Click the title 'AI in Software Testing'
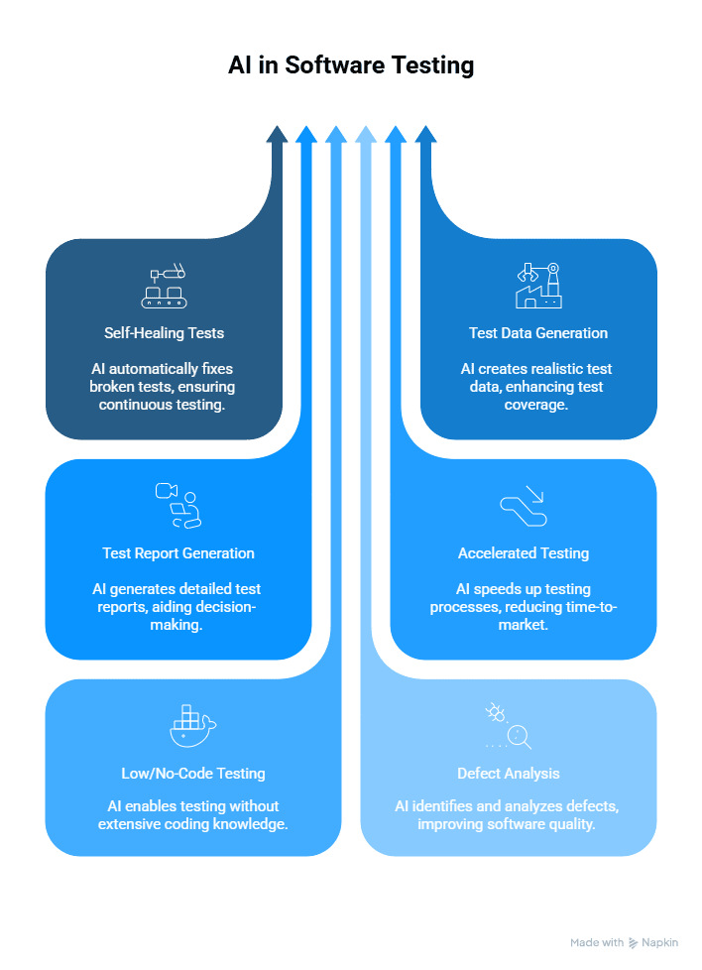point(351,65)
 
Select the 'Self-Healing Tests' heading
point(164,333)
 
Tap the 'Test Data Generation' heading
point(538,333)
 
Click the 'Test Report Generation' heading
point(178,553)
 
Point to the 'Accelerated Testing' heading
point(524,553)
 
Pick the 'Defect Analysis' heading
point(509,774)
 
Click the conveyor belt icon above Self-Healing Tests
point(164,286)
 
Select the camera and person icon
point(178,505)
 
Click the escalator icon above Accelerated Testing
point(524,506)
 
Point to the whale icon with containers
point(192,726)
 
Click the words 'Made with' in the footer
point(597,942)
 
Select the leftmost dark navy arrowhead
point(278,135)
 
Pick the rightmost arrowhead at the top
point(425,135)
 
